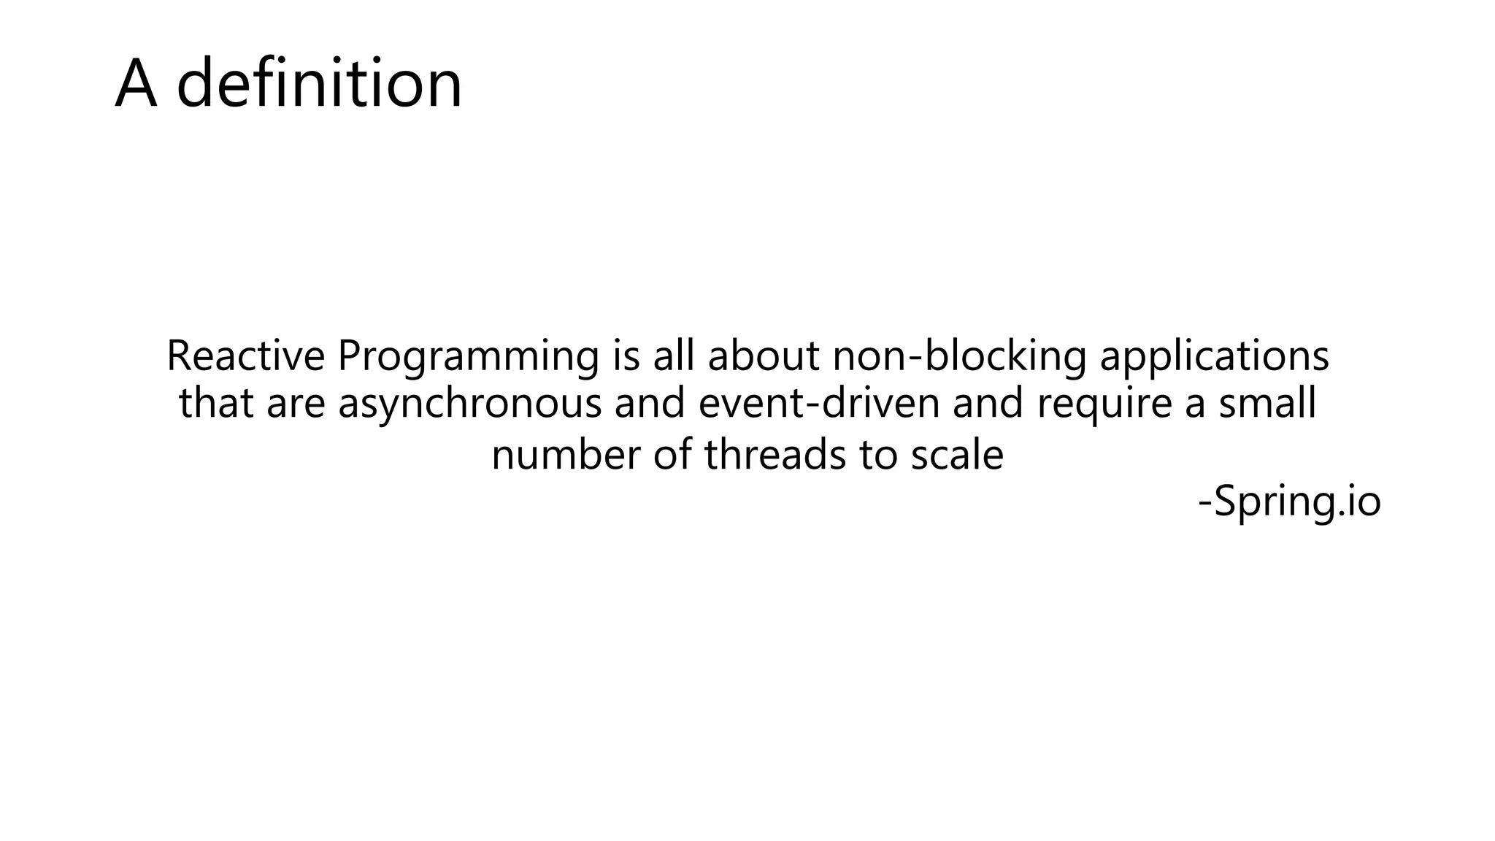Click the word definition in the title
point(319,83)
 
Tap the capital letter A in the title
point(137,85)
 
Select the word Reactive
point(245,356)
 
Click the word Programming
point(468,358)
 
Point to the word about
point(764,356)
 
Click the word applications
point(1214,358)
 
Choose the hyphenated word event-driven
point(818,403)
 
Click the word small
point(1267,403)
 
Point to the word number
point(566,455)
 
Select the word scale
point(957,454)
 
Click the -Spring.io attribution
point(1290,502)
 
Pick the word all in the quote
point(674,356)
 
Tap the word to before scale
point(878,455)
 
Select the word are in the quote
point(295,404)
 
